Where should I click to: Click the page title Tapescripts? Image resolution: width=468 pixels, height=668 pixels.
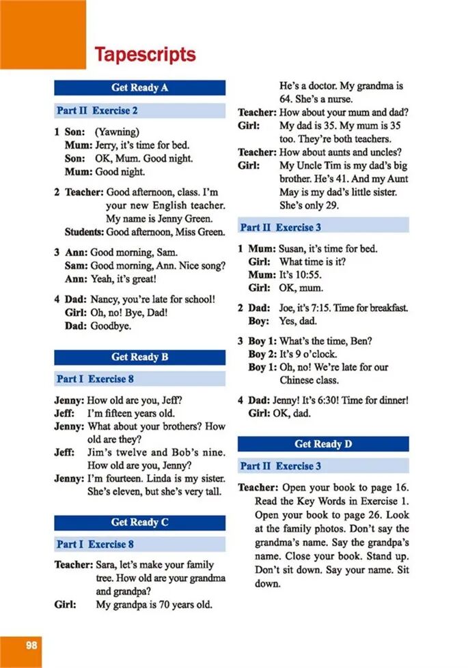click(x=145, y=54)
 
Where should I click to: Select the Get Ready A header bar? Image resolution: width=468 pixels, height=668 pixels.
click(x=139, y=87)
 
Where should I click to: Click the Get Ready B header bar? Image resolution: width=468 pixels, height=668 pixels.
click(x=139, y=357)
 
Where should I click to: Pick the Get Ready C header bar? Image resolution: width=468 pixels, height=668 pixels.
click(x=139, y=522)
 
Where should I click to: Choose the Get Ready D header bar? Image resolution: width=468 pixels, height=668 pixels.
click(x=323, y=444)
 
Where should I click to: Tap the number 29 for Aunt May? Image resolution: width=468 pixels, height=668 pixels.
click(x=331, y=205)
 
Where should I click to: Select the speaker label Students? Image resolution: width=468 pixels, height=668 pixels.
click(x=84, y=232)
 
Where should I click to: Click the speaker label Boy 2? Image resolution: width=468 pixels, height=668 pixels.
click(x=261, y=354)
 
